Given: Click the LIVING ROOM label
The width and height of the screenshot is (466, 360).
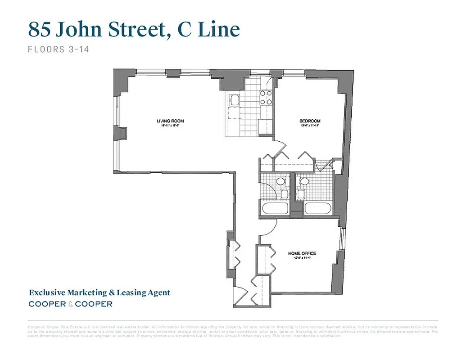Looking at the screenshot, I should (x=170, y=121).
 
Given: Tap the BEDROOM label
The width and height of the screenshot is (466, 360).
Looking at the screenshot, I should (x=310, y=121).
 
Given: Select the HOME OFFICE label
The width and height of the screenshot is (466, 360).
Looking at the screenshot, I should (x=303, y=253).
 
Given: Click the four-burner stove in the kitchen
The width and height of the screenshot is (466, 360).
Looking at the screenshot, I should (x=266, y=98).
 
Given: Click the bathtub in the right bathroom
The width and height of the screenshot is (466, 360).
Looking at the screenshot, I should (x=318, y=208).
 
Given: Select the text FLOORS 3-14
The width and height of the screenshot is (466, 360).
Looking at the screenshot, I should (x=59, y=49).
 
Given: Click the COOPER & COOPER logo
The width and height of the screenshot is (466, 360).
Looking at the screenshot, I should (x=71, y=304).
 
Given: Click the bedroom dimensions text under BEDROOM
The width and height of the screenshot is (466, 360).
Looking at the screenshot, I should (x=310, y=126).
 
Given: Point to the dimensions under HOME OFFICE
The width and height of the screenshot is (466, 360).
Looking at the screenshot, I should (x=303, y=258).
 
